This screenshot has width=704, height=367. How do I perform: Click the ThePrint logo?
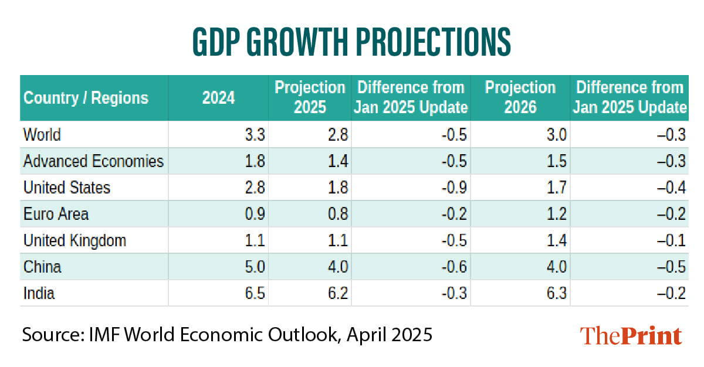pos(631,336)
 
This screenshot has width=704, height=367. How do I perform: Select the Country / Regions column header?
pos(86,97)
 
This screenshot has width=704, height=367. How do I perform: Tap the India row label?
pos(39,293)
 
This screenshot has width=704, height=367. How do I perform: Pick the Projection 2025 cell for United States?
pos(337,188)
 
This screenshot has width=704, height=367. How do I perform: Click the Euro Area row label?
pos(56,214)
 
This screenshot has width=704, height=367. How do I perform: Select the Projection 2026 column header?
pos(520,97)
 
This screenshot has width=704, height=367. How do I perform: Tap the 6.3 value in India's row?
pos(556,293)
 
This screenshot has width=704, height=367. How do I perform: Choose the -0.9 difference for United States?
pos(455,188)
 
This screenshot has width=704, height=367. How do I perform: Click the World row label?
pos(42,135)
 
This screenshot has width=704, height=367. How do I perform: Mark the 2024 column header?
pos(218,97)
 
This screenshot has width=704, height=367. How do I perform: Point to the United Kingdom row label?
pos(75,240)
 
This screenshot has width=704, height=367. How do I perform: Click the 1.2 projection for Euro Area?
pos(556,214)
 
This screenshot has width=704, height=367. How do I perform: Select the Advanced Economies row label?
pos(93,161)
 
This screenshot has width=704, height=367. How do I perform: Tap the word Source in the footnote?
pos(49,335)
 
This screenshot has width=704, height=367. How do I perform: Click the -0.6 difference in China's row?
pos(455,267)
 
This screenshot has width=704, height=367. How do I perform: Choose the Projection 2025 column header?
pos(310,97)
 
